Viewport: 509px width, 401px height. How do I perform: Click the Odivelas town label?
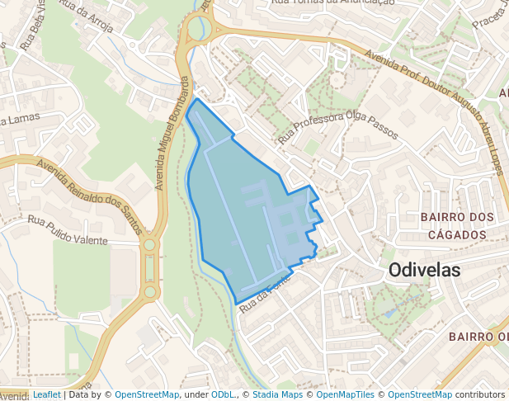424,270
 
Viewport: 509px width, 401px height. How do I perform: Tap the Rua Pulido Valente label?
68,231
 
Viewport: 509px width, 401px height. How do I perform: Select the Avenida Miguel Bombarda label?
173,132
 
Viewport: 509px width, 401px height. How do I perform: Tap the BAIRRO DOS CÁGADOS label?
458,225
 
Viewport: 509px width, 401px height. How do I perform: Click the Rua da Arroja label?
82,18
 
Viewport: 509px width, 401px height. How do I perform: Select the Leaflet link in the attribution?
46,394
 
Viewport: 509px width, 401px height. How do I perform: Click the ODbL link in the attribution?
221,394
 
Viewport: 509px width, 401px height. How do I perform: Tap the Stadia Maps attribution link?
277,394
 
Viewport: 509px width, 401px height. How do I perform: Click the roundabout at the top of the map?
199,30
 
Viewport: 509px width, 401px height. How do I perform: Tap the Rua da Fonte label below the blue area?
264,298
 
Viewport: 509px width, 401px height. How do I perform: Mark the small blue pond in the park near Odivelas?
389,314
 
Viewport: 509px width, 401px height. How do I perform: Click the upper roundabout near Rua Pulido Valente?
149,245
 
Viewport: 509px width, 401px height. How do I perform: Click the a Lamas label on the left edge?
20,120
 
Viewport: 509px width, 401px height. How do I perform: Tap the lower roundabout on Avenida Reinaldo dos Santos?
149,291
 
